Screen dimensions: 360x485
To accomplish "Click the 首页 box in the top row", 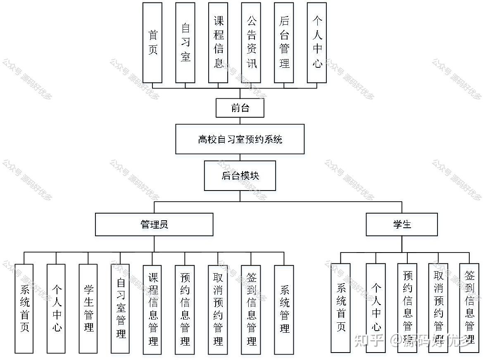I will point(152,43).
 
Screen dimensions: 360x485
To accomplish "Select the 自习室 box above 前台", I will point(185,43).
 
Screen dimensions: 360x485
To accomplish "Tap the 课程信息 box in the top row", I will point(218,43).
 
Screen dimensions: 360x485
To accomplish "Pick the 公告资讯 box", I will point(251,43).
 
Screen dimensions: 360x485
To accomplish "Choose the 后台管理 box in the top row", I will point(284,43).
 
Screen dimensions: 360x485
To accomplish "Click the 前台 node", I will point(240,108).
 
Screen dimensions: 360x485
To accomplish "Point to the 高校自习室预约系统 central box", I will point(240,139).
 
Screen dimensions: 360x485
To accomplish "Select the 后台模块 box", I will point(240,176).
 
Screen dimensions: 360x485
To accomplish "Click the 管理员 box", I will point(154,224).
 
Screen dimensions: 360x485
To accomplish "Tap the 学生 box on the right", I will point(402,224).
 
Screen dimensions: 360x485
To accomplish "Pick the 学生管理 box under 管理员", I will point(88,308).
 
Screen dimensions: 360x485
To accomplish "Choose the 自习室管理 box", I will point(121,308).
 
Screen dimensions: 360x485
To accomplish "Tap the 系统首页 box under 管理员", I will point(24,308).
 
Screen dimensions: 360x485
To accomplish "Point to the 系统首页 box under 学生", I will point(340,308).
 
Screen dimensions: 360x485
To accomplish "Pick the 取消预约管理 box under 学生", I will point(438,308).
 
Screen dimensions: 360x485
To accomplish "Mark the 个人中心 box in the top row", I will point(317,43).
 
